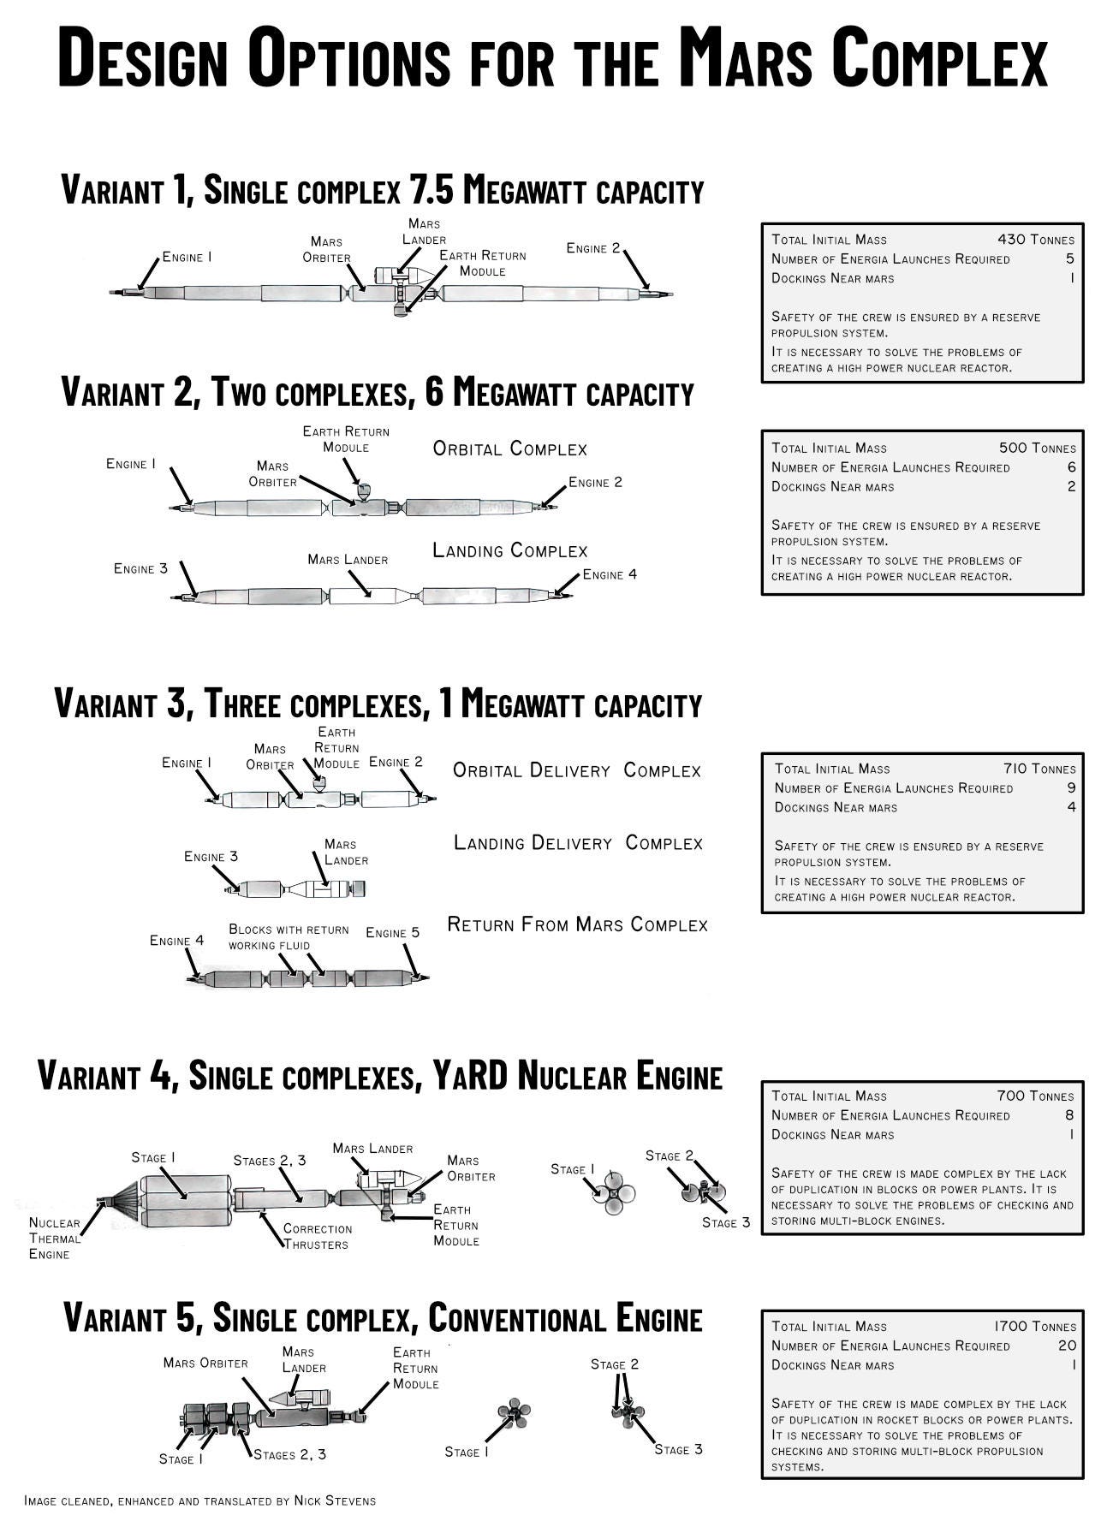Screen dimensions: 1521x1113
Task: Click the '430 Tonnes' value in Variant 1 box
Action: [1035, 240]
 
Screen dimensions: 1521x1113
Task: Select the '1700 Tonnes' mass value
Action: [1034, 1326]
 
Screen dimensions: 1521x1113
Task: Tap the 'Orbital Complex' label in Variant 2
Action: [509, 449]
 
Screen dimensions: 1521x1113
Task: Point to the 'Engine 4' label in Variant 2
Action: [610, 574]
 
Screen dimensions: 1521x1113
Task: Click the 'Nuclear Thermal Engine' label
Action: [54, 1239]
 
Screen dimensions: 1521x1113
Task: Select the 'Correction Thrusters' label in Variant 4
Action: [317, 1236]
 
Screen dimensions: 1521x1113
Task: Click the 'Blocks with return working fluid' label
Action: [288, 937]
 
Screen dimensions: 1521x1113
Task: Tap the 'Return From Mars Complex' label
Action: [577, 924]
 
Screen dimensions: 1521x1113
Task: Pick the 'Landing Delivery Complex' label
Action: [578, 843]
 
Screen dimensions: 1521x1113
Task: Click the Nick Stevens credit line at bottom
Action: [199, 1500]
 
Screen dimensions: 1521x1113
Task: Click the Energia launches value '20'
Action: [1066, 1346]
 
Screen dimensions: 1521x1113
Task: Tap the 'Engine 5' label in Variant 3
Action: [392, 932]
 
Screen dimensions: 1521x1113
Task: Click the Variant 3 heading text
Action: [378, 704]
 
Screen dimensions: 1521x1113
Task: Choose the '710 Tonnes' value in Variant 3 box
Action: [1039, 769]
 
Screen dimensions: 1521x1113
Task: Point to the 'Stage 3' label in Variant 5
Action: [678, 1449]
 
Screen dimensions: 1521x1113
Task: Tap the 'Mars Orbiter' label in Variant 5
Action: [205, 1363]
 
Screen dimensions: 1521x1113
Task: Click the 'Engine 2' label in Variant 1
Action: [592, 248]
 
